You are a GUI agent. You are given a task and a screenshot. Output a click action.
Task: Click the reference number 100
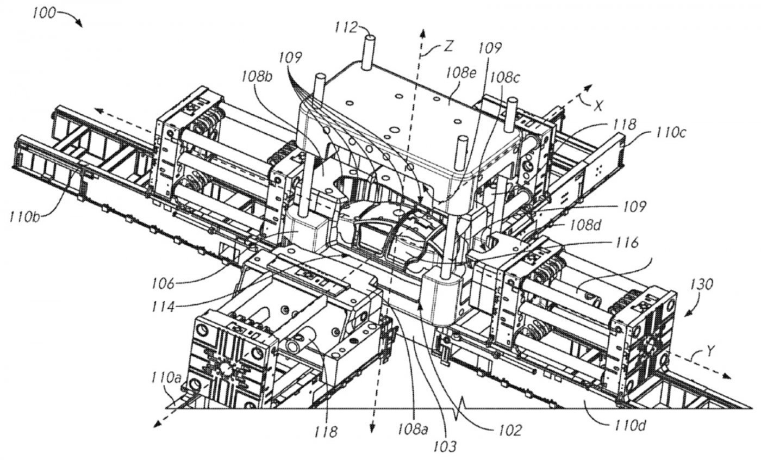tap(43, 14)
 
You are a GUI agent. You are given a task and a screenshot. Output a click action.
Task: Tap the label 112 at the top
tap(346, 28)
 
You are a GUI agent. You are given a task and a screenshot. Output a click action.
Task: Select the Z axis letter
tap(448, 46)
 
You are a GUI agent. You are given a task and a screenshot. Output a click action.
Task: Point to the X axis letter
tap(598, 106)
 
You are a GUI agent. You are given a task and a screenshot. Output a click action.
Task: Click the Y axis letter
tap(710, 352)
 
